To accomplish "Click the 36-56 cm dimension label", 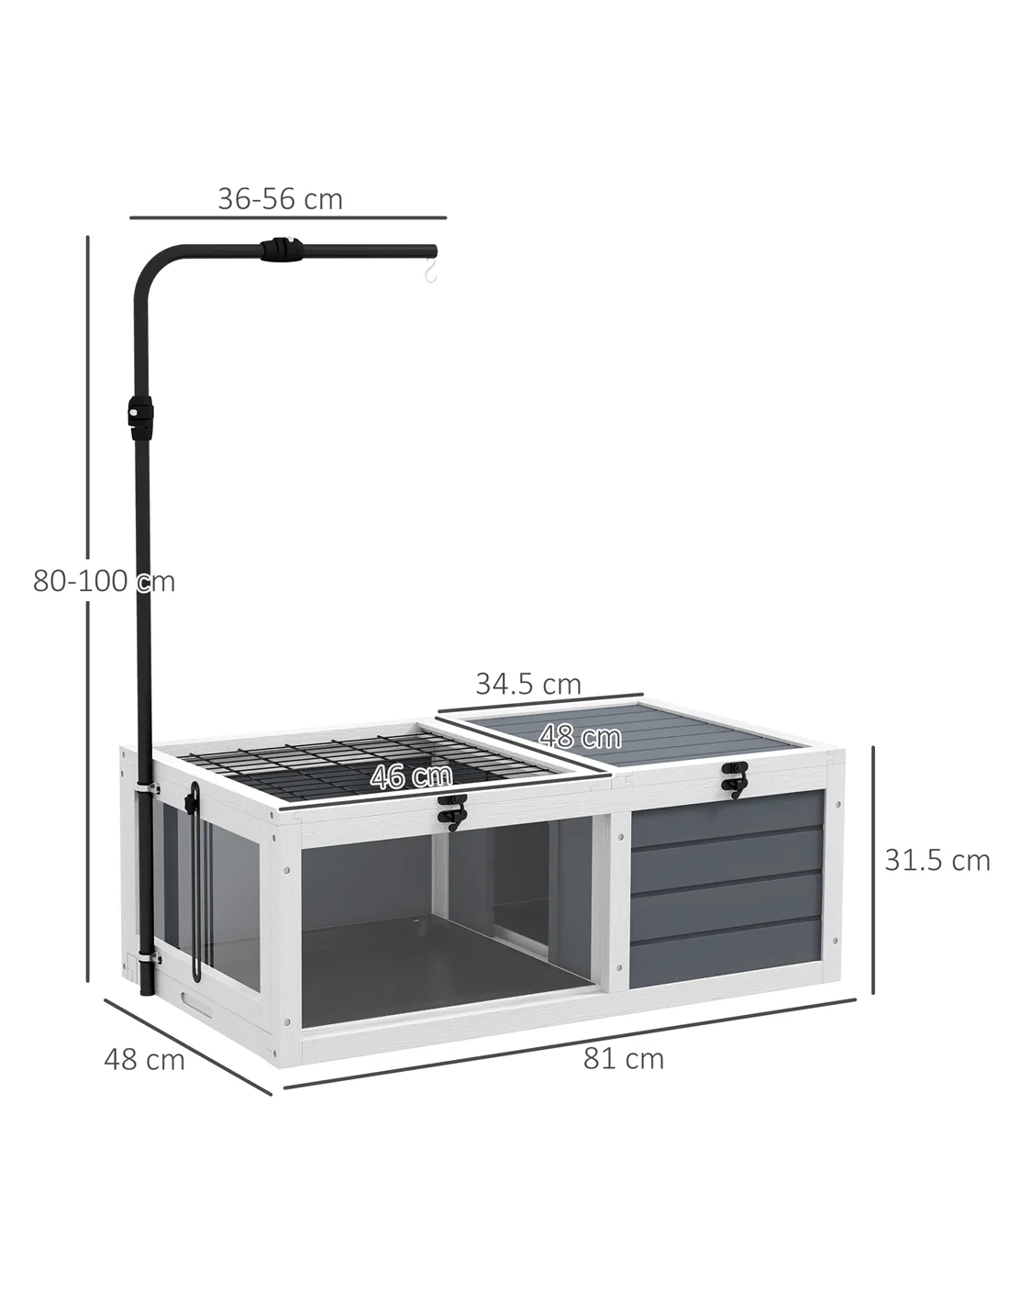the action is point(280,199).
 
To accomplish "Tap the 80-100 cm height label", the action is point(104,581).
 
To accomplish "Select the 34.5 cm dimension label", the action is point(528,684).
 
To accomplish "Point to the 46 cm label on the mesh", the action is point(411,776).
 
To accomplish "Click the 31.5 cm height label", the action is point(937,861).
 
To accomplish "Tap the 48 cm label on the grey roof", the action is point(580,736).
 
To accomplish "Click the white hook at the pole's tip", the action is point(430,273).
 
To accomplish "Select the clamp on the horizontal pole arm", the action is point(280,249).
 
